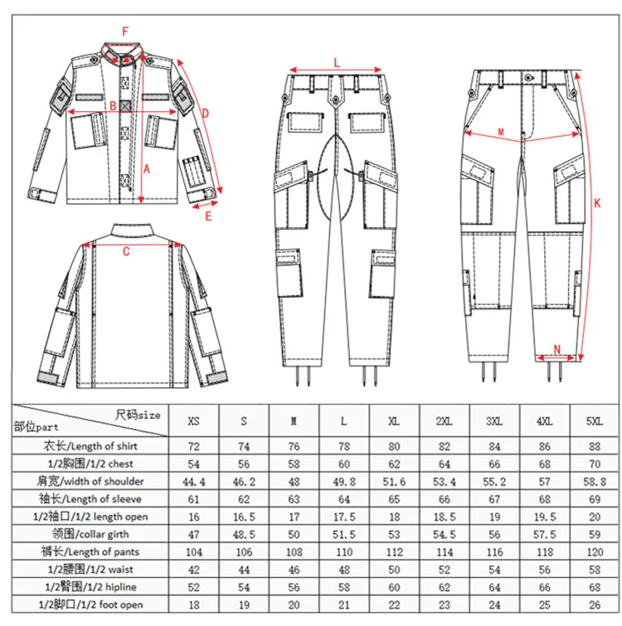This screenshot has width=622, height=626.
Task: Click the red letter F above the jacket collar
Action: tap(125, 32)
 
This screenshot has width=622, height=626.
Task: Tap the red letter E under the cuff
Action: tap(209, 216)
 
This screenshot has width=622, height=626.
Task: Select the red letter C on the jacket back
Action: tap(125, 254)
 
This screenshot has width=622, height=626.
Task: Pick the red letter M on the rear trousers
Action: tap(501, 132)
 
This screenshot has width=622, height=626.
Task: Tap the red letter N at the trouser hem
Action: tap(556, 347)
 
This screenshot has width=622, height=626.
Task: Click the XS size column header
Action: tap(194, 421)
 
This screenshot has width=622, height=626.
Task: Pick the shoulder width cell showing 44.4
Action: tap(194, 481)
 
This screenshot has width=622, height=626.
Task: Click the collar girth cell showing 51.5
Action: tap(344, 532)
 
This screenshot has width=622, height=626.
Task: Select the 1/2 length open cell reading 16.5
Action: tap(244, 515)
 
